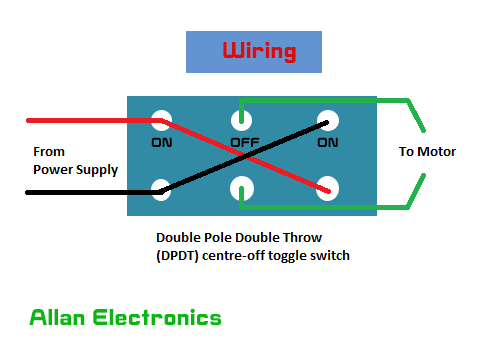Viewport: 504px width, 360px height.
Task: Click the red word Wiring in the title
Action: pyautogui.click(x=258, y=51)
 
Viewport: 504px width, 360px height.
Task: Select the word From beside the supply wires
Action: pyautogui.click(x=49, y=152)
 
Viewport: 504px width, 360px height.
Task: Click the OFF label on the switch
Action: pyautogui.click(x=245, y=142)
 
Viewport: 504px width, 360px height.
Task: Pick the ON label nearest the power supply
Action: pyautogui.click(x=162, y=142)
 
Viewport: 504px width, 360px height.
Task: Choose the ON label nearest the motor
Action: pyautogui.click(x=327, y=142)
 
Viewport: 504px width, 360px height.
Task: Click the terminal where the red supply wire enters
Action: pyautogui.click(x=160, y=122)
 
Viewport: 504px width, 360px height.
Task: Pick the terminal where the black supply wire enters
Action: pyautogui.click(x=160, y=187)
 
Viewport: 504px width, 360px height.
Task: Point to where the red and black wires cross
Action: pyautogui.click(x=243, y=155)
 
